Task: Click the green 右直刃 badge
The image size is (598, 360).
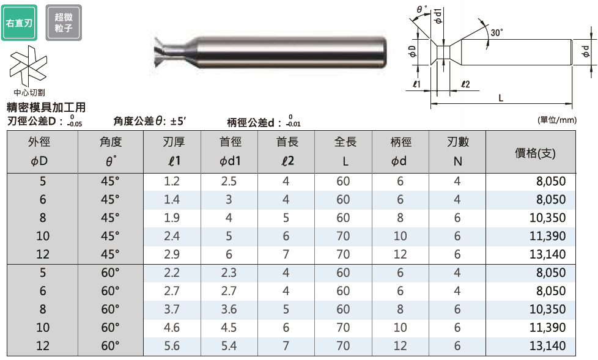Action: [x=19, y=23]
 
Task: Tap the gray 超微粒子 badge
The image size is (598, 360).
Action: [x=64, y=23]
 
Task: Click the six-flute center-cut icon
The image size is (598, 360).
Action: [x=28, y=65]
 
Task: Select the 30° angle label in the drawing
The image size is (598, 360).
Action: [x=496, y=32]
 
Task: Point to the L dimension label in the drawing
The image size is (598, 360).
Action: [x=501, y=98]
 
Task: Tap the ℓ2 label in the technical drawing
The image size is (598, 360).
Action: [x=465, y=84]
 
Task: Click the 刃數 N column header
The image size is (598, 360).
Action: [x=457, y=152]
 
